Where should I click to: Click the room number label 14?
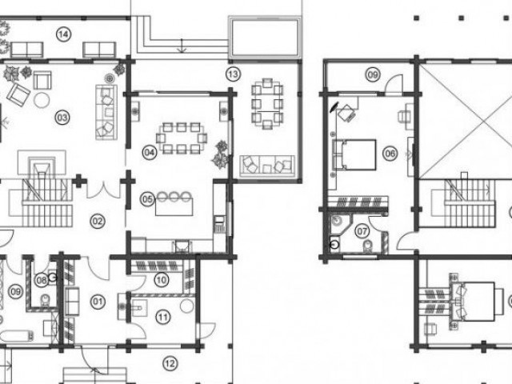[x=64, y=34]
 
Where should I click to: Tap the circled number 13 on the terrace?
[x=233, y=74]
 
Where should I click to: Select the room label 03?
[x=62, y=118]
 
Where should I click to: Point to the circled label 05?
[x=147, y=199]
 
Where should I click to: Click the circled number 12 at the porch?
[x=170, y=363]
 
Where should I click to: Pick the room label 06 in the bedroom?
[x=390, y=153]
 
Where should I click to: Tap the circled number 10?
[x=162, y=280]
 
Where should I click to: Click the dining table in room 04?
[x=181, y=138]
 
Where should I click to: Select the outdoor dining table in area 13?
[x=267, y=104]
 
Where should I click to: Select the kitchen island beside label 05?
[x=174, y=207]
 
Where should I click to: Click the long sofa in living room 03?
[x=106, y=112]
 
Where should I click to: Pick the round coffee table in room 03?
[x=42, y=100]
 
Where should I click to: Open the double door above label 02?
[x=103, y=190]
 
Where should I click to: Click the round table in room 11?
[x=186, y=306]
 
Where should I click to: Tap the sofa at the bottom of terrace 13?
[x=267, y=166]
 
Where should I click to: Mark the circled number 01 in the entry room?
[x=98, y=302]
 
